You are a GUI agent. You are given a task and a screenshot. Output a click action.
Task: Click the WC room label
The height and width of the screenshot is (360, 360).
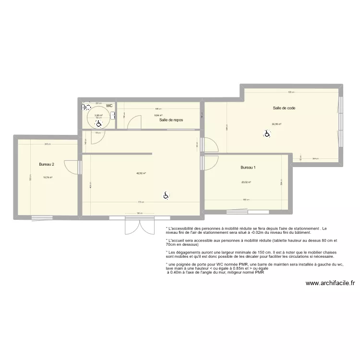tap(109, 106)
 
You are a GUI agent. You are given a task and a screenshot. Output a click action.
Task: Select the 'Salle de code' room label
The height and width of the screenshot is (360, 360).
tap(284, 108)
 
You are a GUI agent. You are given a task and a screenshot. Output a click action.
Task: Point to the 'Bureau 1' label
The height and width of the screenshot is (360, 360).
tap(248, 168)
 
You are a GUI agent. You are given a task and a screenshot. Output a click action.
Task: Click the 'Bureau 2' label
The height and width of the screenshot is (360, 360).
tap(47, 165)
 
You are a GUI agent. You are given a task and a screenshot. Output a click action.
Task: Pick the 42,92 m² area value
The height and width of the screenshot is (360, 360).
tap(141, 174)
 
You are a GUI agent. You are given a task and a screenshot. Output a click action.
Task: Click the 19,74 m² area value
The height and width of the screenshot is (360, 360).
tap(48, 177)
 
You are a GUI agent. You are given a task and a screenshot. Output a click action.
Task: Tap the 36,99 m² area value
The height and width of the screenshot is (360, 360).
tap(276, 124)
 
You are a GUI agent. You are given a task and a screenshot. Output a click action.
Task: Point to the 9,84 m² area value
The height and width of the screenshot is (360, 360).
tap(158, 115)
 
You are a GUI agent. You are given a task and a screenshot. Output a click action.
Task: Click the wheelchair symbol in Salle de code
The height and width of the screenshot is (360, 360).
tap(266, 134)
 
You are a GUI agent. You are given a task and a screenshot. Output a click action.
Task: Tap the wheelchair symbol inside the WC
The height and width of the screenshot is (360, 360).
tap(98, 124)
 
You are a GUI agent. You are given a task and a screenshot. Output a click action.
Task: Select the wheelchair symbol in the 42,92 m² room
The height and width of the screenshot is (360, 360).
tap(166, 195)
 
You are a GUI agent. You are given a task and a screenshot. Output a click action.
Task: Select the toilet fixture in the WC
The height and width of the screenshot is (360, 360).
tap(87, 108)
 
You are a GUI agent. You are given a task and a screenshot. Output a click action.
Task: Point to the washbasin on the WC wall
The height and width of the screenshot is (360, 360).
tap(113, 115)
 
